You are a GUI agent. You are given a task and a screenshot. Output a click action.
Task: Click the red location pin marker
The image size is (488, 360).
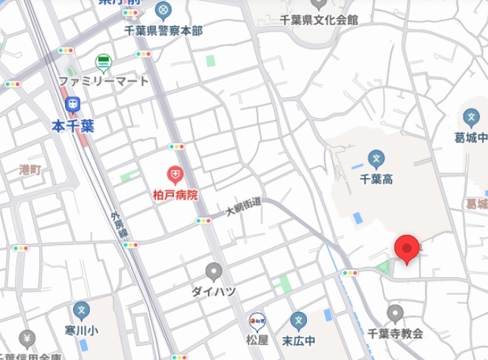406,248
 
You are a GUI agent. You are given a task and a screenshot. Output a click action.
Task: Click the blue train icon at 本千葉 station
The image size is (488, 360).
72,102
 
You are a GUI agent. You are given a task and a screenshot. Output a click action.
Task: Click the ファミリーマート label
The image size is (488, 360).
103,80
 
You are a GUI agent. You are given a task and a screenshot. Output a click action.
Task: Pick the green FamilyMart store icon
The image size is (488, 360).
103,61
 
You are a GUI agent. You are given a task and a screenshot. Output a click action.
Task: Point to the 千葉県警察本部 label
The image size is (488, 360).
163,30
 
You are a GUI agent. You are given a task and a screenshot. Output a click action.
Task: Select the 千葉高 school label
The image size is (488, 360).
376,179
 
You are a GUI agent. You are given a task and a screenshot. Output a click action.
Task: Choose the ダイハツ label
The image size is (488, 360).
213,291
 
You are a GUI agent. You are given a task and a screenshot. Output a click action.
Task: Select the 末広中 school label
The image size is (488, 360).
298,340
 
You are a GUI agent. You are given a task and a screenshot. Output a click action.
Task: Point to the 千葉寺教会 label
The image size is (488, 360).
395,333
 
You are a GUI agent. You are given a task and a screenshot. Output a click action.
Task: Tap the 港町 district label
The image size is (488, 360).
30,169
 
